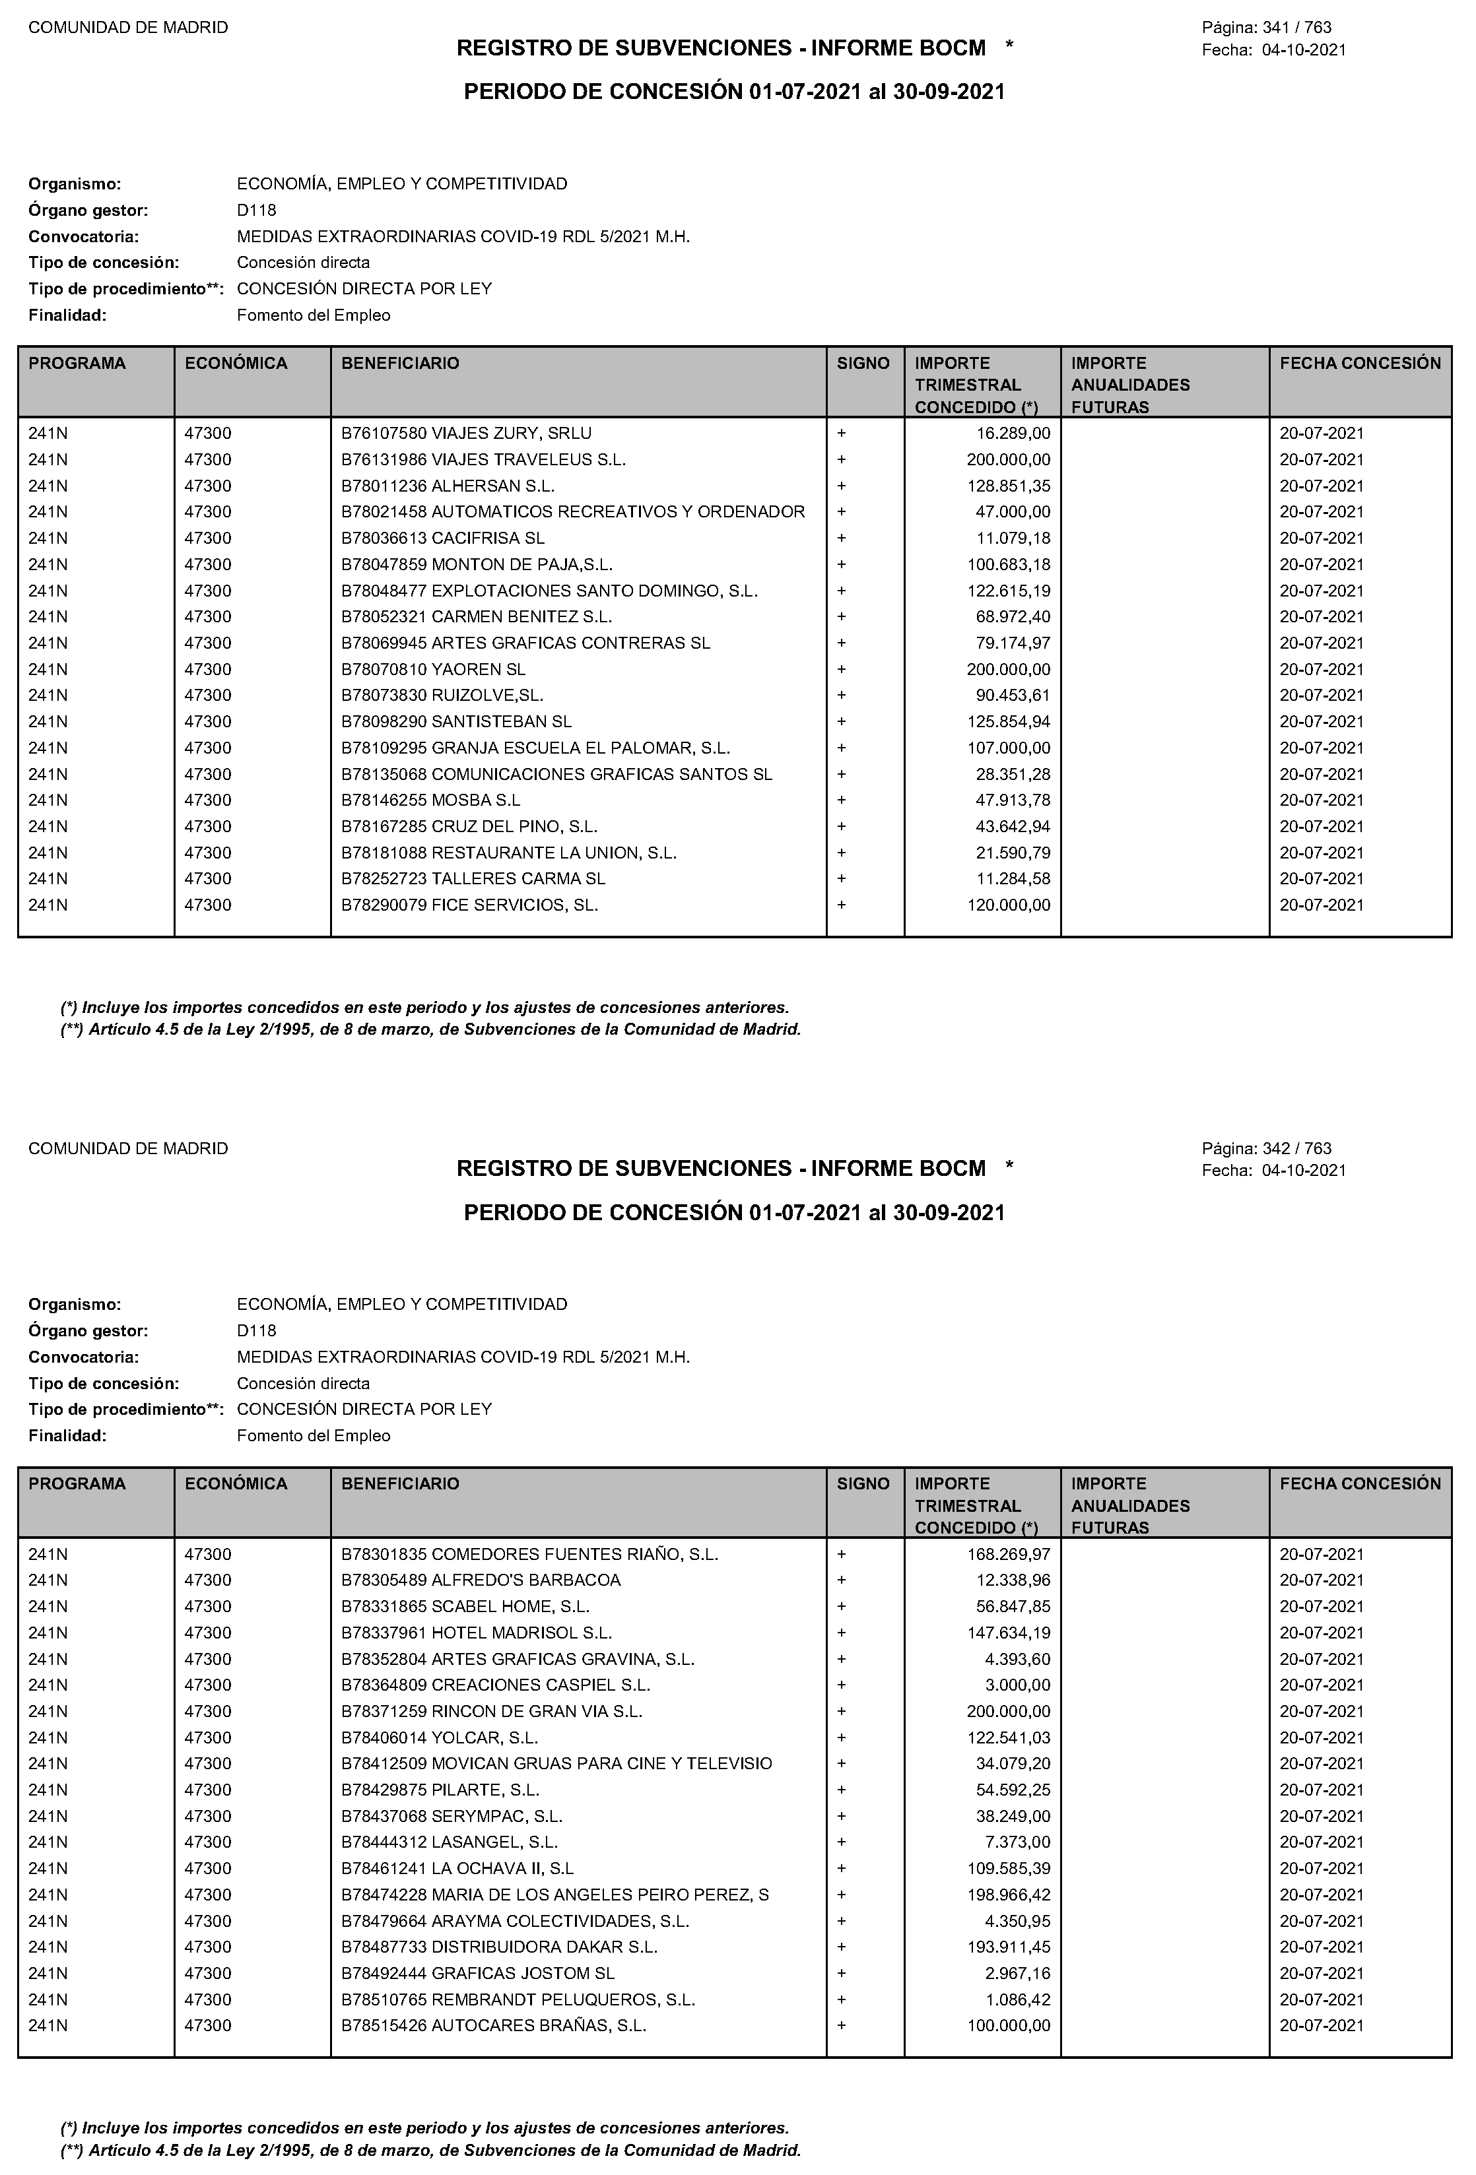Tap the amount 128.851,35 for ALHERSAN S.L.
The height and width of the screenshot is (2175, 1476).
tap(1009, 486)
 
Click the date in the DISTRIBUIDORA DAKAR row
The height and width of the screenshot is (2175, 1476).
tap(1322, 1947)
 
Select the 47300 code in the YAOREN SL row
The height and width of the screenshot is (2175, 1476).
tap(208, 669)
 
